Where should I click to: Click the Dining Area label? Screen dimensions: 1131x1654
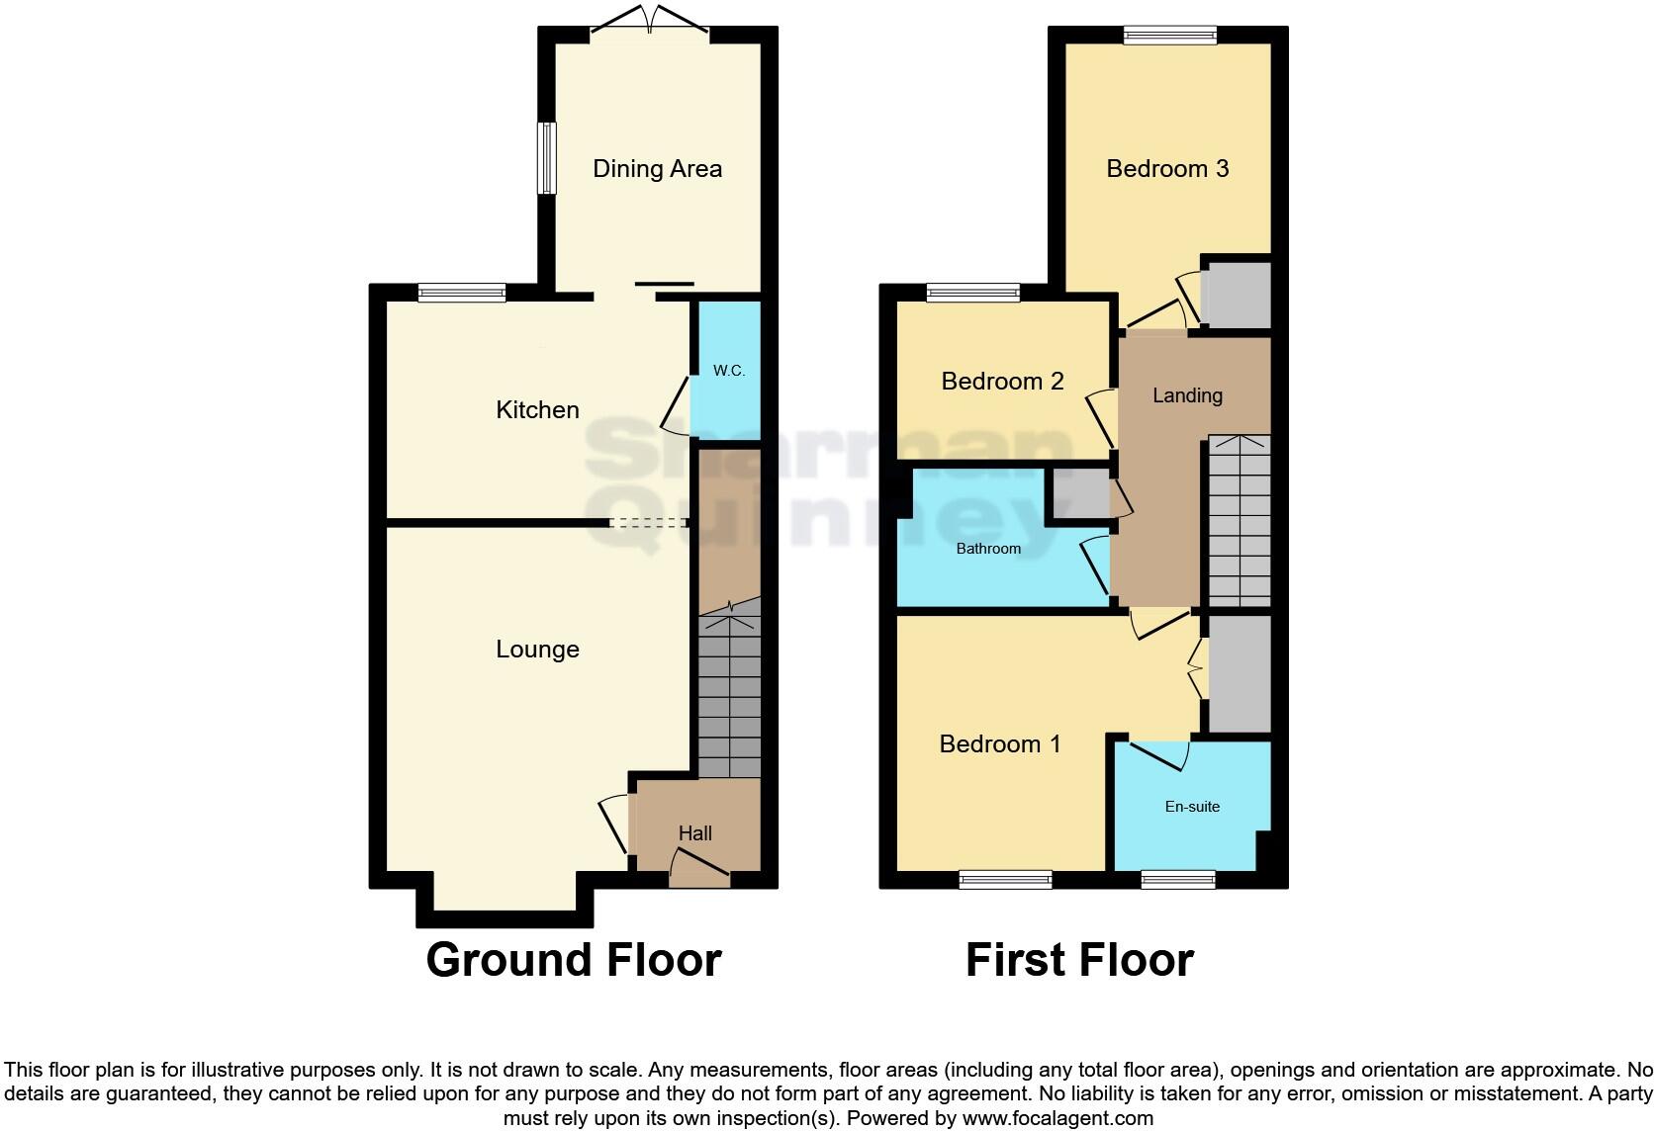click(x=657, y=169)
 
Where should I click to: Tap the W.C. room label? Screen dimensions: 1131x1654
click(x=729, y=371)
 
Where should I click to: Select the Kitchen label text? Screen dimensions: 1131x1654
click(x=537, y=409)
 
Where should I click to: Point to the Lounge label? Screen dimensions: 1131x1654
click(x=537, y=650)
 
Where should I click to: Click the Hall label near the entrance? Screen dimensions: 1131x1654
click(x=694, y=833)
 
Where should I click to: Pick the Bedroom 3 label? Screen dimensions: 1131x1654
click(x=1167, y=169)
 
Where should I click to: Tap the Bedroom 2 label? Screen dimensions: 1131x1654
click(x=1002, y=382)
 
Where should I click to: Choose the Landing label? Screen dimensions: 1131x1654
click(x=1187, y=395)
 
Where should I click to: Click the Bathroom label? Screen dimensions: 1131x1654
click(x=988, y=549)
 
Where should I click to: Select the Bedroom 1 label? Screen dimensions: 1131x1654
click(x=1000, y=744)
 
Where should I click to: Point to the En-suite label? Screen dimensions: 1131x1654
click(x=1192, y=807)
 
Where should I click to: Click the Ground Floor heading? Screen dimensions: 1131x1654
click(x=574, y=960)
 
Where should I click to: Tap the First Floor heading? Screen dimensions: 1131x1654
click(x=1079, y=960)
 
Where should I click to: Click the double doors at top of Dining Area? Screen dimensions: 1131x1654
click(x=650, y=24)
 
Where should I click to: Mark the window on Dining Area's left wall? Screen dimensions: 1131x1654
click(x=546, y=158)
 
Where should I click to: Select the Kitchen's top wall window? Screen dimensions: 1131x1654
click(x=462, y=292)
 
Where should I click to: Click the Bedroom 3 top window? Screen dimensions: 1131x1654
click(x=1170, y=35)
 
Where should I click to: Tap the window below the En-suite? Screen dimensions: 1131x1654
click(x=1177, y=879)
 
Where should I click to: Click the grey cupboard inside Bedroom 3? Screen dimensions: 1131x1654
click(x=1237, y=295)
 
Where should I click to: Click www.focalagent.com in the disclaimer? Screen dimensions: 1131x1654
click(x=1057, y=1118)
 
